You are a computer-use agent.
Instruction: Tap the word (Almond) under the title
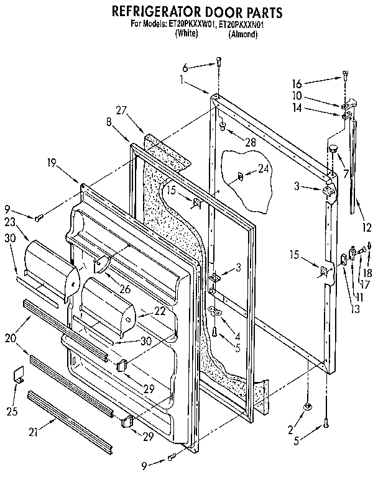243,35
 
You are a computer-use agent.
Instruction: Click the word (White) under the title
185,35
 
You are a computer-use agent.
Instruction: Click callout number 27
121,110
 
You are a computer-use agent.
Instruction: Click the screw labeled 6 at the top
219,61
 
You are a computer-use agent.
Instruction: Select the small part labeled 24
241,177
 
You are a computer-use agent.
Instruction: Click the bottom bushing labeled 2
307,406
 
